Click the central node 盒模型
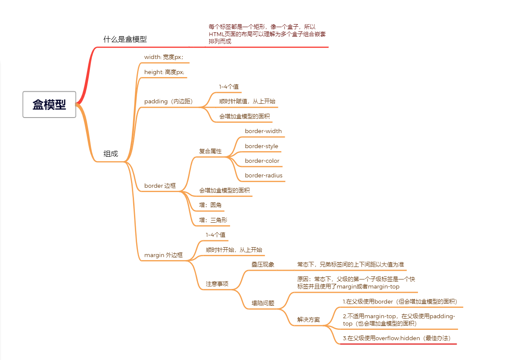coord(50,104)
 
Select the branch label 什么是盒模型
coord(125,39)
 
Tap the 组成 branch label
coord(111,154)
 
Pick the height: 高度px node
coord(164,72)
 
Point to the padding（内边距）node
coord(168,102)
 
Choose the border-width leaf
coord(263,131)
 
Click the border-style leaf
coord(262,146)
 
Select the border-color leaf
coord(262,161)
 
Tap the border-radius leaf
coord(264,175)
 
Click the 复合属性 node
coord(210,151)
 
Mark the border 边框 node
coord(160,186)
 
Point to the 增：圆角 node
coord(210,205)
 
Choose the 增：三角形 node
coord(213,220)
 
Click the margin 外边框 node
coord(163,255)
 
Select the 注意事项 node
coord(217,284)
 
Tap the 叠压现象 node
coord(263,264)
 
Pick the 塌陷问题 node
coord(263,303)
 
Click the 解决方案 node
coord(309,320)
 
